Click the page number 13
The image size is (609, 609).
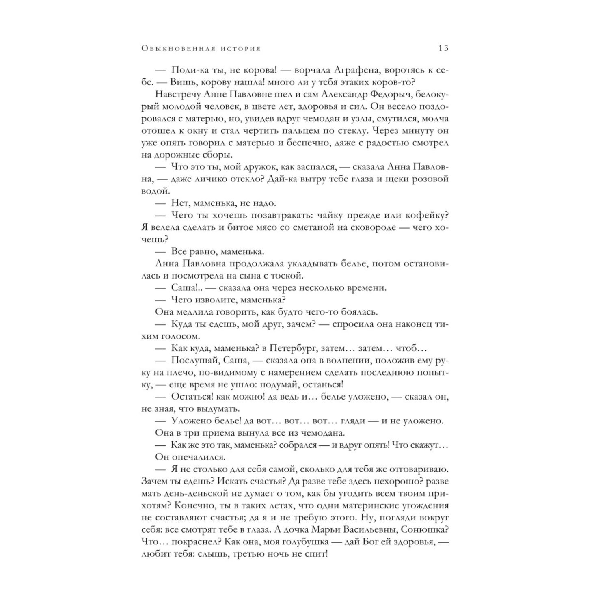click(443, 48)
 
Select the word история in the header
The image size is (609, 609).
click(241, 49)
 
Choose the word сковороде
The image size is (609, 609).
click(369, 227)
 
